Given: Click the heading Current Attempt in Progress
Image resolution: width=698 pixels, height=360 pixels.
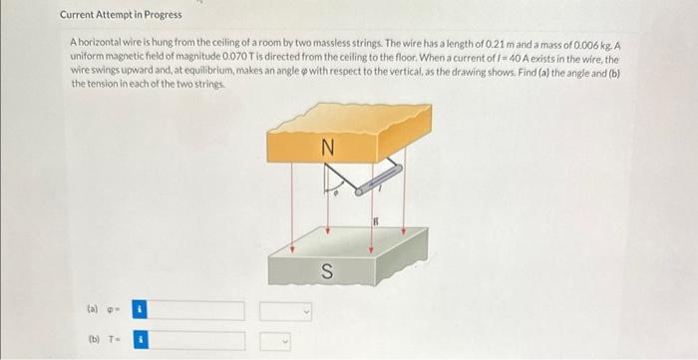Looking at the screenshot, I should click(x=121, y=15).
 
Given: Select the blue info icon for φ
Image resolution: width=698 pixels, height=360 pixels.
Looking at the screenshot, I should click(x=141, y=311).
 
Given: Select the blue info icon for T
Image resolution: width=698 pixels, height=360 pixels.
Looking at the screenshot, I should click(x=141, y=341).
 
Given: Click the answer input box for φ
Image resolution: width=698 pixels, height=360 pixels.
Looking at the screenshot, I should click(x=198, y=311).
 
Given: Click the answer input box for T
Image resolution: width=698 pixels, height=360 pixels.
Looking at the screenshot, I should click(x=198, y=341).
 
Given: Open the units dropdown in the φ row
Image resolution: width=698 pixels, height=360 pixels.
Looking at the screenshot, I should click(x=286, y=311).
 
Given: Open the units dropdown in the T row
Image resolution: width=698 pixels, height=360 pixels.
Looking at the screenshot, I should click(x=286, y=341).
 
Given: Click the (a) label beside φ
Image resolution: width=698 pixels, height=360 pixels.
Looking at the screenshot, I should click(x=93, y=311).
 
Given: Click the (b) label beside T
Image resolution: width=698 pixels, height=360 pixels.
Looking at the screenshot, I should click(x=93, y=341).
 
